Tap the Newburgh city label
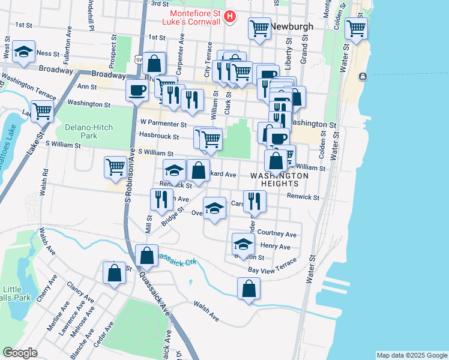pyautogui.click(x=293, y=27)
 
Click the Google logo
pyautogui.click(x=20, y=353)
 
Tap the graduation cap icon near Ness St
pyautogui.click(x=23, y=53)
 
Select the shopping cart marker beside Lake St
pyautogui.click(x=42, y=110)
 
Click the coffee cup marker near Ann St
pyautogui.click(x=137, y=90)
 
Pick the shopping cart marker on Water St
pyautogui.click(x=356, y=28)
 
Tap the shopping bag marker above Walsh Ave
pyautogui.click(x=249, y=289)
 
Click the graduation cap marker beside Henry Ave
pyautogui.click(x=243, y=244)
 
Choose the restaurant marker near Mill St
pyautogui.click(x=160, y=199)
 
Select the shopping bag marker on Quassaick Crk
pyautogui.click(x=146, y=256)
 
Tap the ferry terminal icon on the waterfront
pyautogui.click(x=363, y=77)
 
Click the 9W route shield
pyautogui.click(x=139, y=59)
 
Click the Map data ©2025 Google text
pyautogui.click(x=411, y=355)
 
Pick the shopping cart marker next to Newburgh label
pyautogui.click(x=259, y=28)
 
